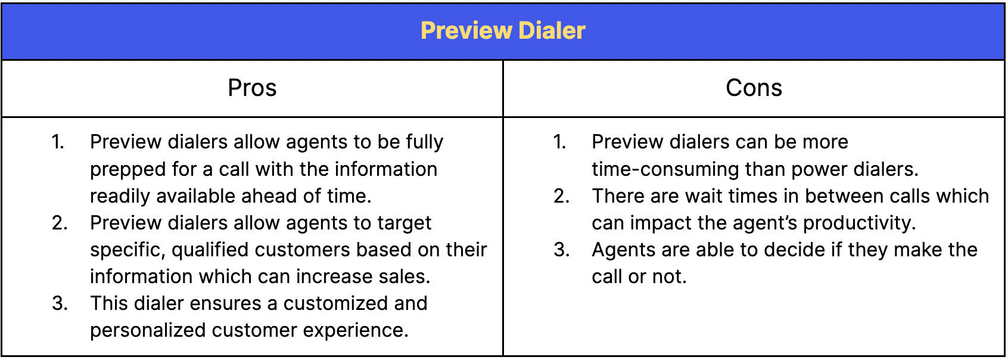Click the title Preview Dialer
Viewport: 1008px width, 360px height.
click(x=503, y=31)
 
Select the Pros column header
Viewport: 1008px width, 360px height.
click(x=252, y=88)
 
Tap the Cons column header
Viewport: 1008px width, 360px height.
click(x=754, y=88)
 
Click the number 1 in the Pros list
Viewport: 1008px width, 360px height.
click(x=57, y=142)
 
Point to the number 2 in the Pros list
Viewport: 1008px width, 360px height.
click(x=59, y=223)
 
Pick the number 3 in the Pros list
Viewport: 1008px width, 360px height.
click(x=59, y=303)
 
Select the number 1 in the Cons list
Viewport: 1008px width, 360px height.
click(x=559, y=142)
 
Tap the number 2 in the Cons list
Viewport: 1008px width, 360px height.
click(x=561, y=196)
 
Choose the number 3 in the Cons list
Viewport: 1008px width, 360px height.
click(x=561, y=250)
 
